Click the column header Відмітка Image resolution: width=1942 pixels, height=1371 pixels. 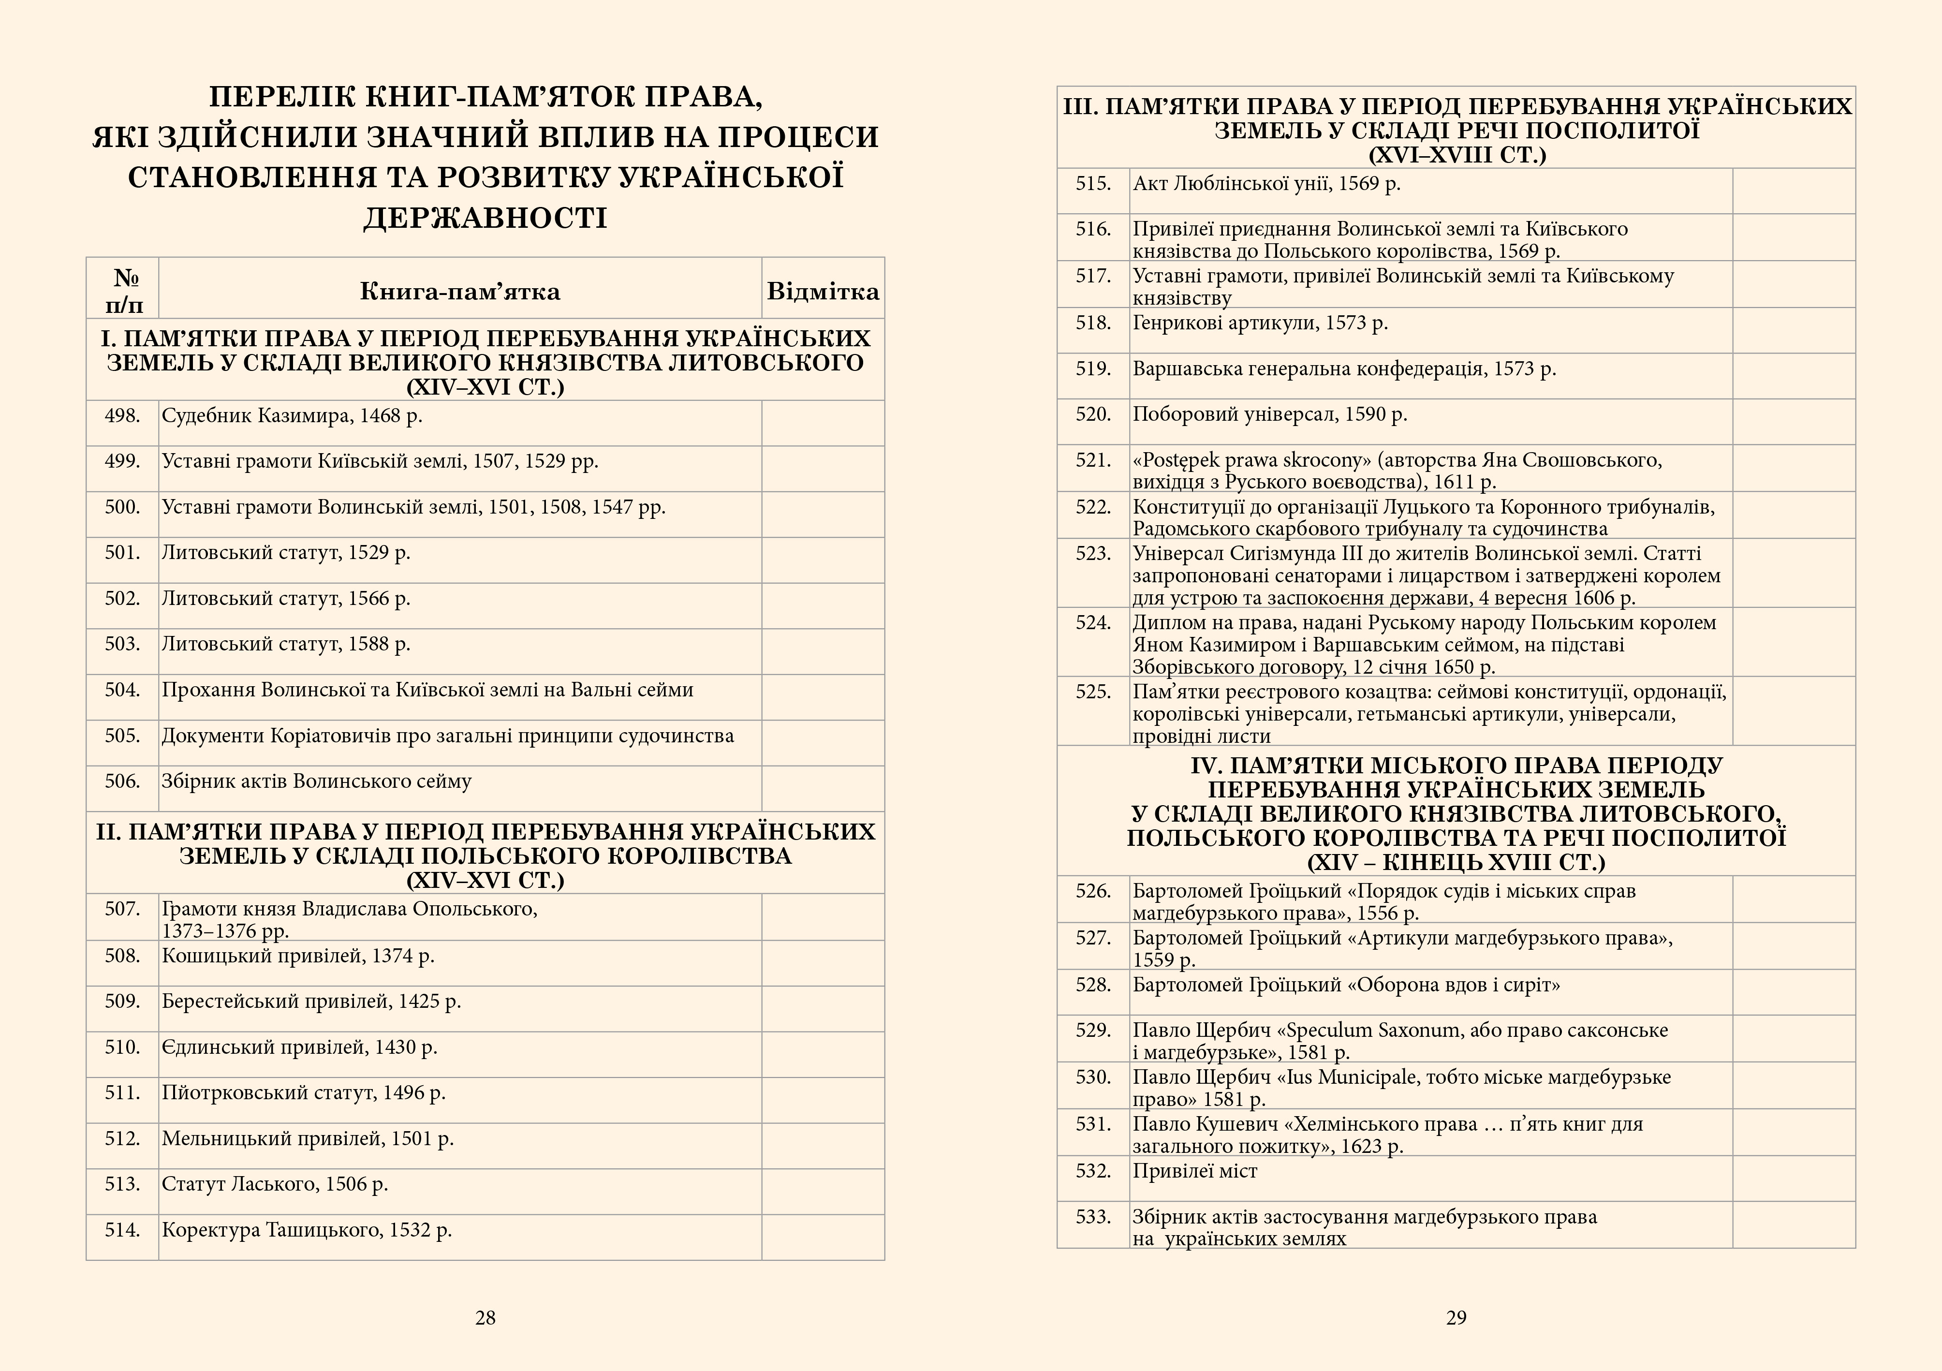tap(822, 292)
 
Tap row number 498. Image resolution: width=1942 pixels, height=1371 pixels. tap(123, 416)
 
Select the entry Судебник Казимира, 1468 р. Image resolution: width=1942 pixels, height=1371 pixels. tap(292, 416)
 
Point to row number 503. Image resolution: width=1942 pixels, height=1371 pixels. tap(123, 645)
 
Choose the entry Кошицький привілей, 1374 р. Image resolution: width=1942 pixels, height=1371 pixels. tap(298, 956)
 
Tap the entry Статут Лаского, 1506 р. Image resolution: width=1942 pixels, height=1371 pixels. tap(275, 1184)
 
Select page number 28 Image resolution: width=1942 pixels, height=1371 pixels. tap(485, 1317)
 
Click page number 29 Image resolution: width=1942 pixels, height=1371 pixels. tap(1456, 1317)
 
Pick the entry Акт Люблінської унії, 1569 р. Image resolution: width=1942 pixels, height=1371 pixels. tap(1266, 184)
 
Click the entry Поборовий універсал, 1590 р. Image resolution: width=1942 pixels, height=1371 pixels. tap(1269, 414)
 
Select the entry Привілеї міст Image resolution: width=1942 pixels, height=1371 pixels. tap(1194, 1171)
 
